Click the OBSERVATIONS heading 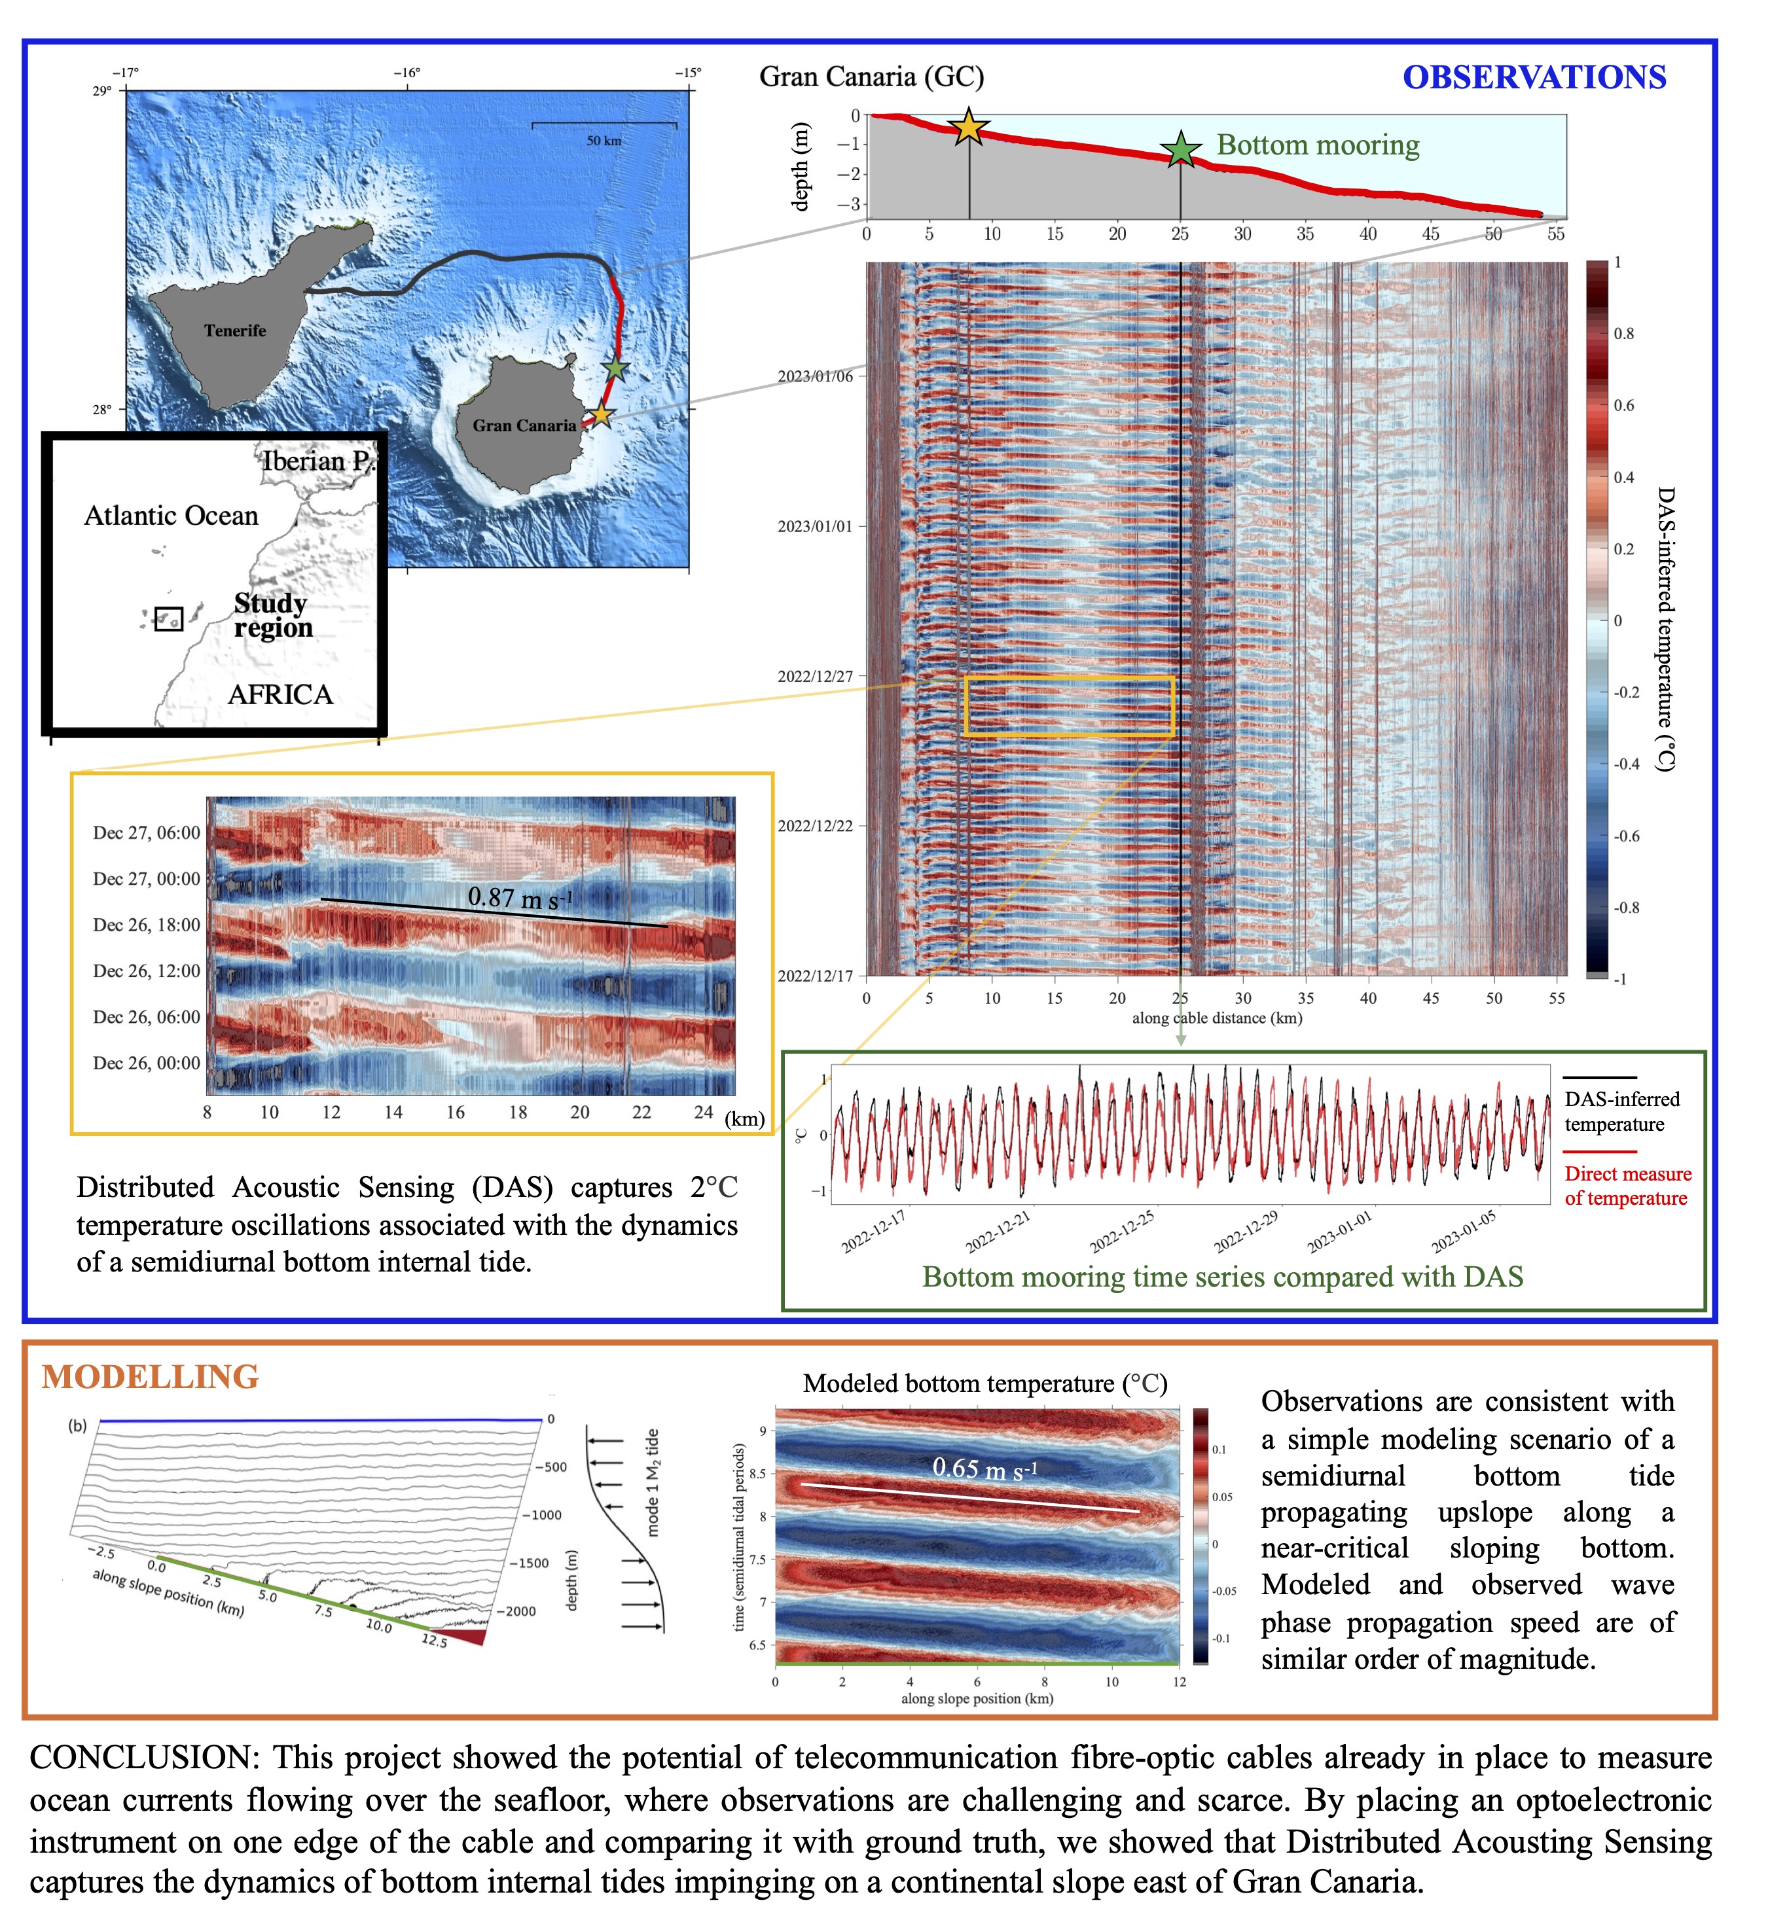1534,77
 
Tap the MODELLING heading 150,1377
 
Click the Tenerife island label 235,330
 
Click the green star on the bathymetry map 616,368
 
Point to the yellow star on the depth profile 968,128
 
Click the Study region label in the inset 272,615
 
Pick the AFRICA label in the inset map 280,694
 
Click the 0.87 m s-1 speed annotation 519,898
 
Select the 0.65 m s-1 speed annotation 984,1469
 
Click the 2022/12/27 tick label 815,677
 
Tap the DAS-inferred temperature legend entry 1621,1111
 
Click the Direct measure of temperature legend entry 1627,1185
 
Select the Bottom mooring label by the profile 1317,145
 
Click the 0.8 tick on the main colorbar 1623,334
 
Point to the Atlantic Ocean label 171,515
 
